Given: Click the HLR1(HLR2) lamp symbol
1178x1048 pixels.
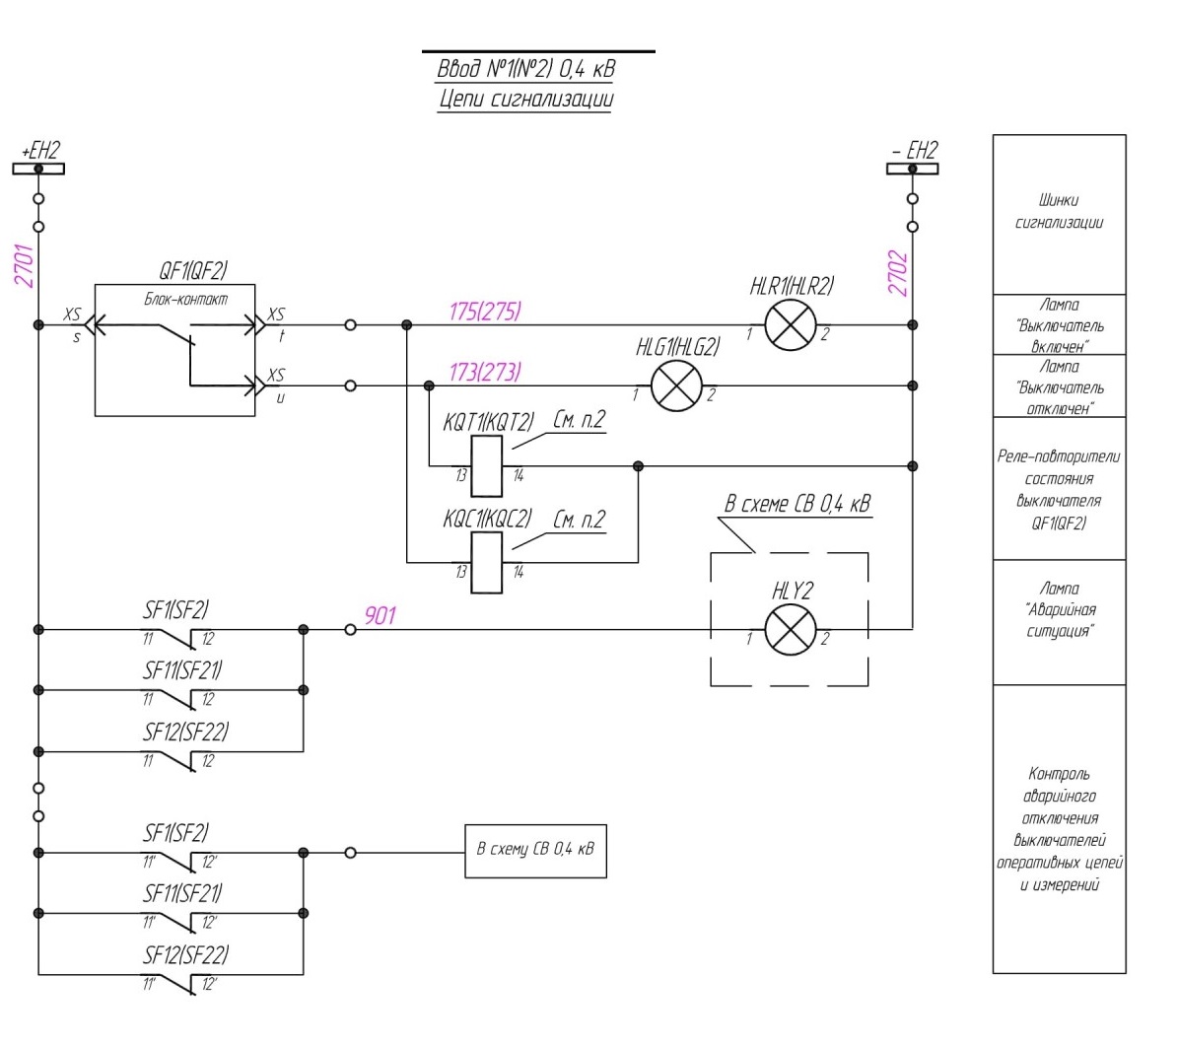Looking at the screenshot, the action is coord(791,325).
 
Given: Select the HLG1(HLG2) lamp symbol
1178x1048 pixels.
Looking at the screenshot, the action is coord(676,386).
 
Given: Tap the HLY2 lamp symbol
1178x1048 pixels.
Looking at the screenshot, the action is coord(791,630).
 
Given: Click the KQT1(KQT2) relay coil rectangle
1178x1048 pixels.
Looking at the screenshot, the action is coord(487,466).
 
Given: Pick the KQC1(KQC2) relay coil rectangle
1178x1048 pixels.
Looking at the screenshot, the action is coord(487,563).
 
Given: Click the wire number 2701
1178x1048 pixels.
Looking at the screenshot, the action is coord(24,265).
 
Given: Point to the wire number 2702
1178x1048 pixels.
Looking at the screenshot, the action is coord(898,273).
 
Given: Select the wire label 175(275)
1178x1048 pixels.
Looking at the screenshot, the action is coord(485,311).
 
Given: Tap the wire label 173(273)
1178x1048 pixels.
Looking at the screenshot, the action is coord(485,372).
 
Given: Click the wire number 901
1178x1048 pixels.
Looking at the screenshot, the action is coord(381,616).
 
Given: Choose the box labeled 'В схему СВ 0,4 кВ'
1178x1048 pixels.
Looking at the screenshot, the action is coord(535,851).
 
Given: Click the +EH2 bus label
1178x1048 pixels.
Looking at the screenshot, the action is coord(40,150).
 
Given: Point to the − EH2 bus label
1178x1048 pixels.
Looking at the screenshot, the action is coord(915,150).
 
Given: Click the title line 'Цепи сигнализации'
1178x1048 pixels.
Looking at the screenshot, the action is coord(525,100).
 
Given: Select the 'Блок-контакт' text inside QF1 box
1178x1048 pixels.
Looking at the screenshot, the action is coord(185,299).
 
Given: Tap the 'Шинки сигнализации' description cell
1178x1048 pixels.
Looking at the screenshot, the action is coord(1060,215).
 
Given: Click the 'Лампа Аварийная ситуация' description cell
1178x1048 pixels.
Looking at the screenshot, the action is coord(1060,622).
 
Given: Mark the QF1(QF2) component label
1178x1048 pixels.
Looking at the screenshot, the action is coord(193,270).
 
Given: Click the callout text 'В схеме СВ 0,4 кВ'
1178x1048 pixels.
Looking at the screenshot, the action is coord(797,504).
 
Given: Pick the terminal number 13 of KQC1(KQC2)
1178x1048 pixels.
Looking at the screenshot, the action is coord(461,573).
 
